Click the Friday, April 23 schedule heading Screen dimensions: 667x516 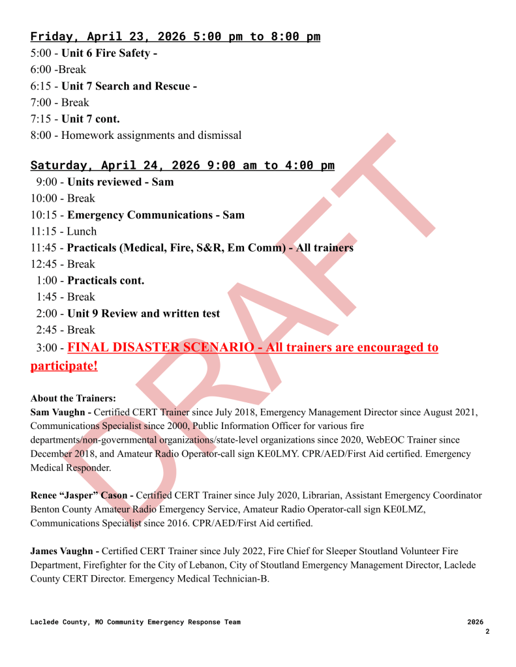[175, 37]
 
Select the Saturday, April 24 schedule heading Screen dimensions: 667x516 [182, 166]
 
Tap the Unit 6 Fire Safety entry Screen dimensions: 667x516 [109, 53]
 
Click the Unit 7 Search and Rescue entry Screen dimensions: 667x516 [129, 86]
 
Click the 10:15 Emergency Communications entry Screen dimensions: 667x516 [156, 215]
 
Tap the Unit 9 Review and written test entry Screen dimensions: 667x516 [144, 314]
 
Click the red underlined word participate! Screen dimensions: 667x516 [64, 366]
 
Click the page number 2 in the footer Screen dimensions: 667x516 [487, 631]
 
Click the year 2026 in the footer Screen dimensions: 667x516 [476, 622]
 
